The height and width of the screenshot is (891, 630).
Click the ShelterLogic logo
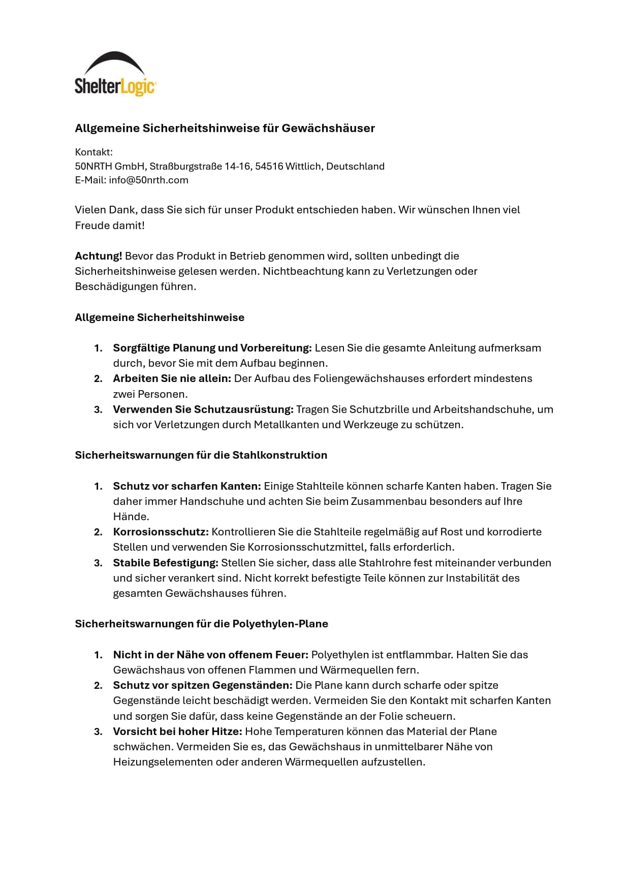(115, 74)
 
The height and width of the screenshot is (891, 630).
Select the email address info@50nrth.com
(148, 180)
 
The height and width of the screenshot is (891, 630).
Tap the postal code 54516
(269, 166)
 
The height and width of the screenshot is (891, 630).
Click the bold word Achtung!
(99, 256)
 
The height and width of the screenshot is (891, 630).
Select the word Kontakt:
(93, 152)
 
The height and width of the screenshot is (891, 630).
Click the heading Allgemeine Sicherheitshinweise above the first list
(160, 317)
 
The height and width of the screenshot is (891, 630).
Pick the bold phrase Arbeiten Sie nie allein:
(172, 378)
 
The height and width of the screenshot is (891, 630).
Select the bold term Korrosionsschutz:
(161, 532)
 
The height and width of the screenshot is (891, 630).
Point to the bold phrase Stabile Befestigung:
(166, 563)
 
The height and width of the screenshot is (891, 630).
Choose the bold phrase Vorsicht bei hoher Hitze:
(177, 731)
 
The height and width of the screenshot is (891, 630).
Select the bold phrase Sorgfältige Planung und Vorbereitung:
(212, 348)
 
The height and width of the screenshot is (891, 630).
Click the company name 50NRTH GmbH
(110, 166)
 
